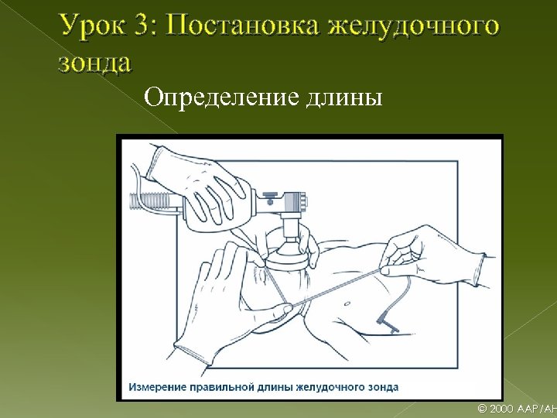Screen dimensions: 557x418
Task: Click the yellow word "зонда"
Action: coord(95,63)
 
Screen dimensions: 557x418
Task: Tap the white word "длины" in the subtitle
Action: coord(344,98)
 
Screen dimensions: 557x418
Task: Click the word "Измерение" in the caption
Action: coord(157,387)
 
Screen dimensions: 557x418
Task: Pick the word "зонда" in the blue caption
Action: coord(383,387)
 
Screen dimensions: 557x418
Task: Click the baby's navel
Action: coord(347,304)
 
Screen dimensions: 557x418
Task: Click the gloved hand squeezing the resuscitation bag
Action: coord(199,185)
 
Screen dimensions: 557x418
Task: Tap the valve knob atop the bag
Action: coord(271,196)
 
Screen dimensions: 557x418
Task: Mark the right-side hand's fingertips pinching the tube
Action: coord(385,269)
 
